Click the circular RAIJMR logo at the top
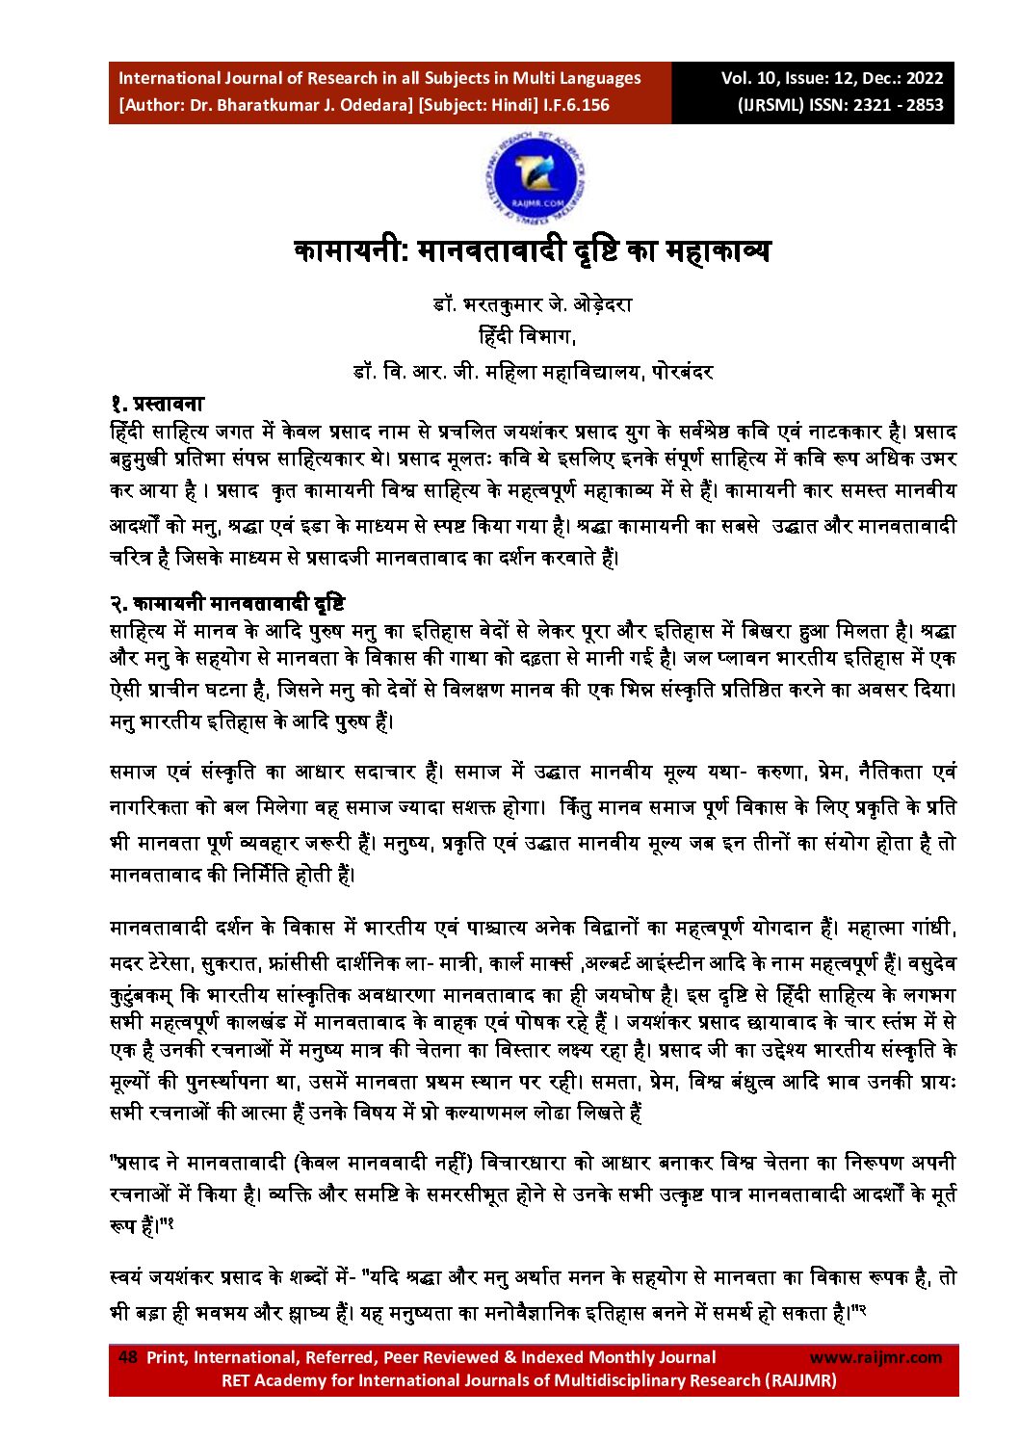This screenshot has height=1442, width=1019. (x=534, y=180)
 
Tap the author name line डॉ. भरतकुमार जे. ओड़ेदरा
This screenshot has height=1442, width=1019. (x=533, y=304)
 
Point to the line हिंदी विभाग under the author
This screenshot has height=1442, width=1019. (x=527, y=336)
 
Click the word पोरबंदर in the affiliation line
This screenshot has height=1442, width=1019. (x=682, y=372)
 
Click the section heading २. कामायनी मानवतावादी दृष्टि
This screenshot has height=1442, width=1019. (x=226, y=604)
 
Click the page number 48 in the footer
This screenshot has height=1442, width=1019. (x=127, y=1357)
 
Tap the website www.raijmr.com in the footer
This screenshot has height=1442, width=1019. (x=875, y=1357)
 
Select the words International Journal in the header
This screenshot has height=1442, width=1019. (x=197, y=78)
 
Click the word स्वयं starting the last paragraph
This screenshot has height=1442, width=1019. (x=129, y=1278)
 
